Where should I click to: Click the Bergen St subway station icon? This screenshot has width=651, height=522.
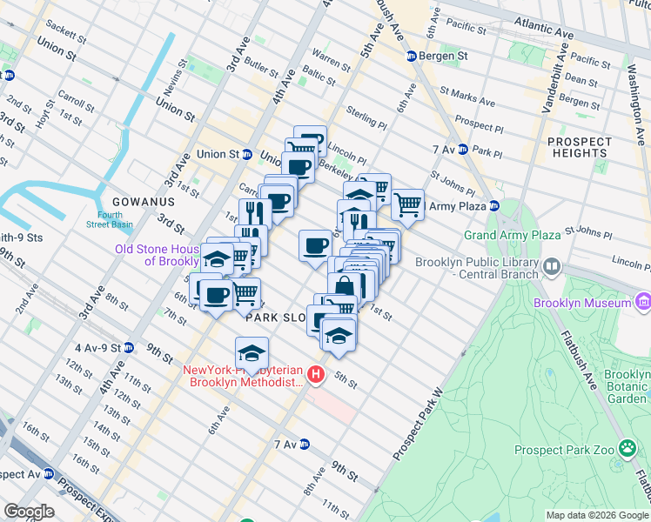pos(412,57)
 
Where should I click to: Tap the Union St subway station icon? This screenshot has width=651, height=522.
pos(247,155)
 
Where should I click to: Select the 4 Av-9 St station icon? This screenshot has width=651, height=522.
pos(129,347)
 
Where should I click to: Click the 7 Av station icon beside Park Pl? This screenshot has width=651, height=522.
pos(463,150)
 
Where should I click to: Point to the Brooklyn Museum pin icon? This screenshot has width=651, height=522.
pos(642,302)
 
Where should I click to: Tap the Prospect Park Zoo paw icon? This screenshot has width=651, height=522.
pos(628,449)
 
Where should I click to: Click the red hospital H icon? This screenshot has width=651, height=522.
pos(316,376)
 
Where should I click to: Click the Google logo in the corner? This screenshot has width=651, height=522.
pos(29,512)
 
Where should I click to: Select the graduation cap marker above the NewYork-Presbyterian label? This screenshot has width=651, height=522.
pos(252,353)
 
